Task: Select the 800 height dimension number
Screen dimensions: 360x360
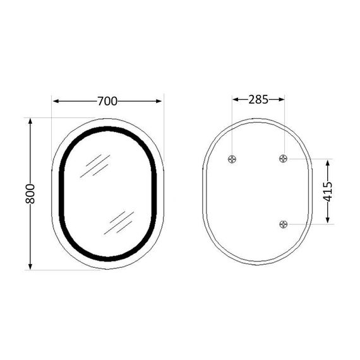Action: pyautogui.click(x=30, y=193)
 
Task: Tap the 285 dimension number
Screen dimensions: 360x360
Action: pyautogui.click(x=258, y=99)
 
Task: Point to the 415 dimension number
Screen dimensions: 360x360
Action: pyautogui.click(x=328, y=191)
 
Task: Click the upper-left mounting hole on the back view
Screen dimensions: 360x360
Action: pyautogui.click(x=233, y=159)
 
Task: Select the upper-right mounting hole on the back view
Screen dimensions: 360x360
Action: pyautogui.click(x=284, y=159)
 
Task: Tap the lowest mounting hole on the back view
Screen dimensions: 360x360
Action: pyautogui.click(x=284, y=224)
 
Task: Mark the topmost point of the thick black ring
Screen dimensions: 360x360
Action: pyautogui.click(x=107, y=129)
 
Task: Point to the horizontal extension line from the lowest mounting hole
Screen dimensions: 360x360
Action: pyautogui.click(x=309, y=224)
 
